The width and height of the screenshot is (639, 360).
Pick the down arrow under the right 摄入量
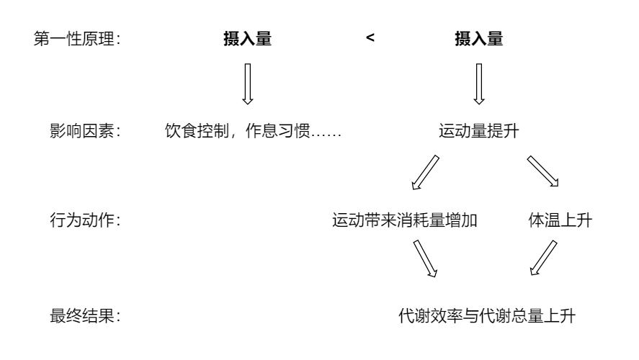coord(478,84)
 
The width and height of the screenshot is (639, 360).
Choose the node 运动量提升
coord(478,132)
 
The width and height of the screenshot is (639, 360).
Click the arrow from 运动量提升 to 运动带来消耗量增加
coord(426,173)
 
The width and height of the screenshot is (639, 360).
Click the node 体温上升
coord(560,221)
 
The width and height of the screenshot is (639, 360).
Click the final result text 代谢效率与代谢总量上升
coord(487,315)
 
